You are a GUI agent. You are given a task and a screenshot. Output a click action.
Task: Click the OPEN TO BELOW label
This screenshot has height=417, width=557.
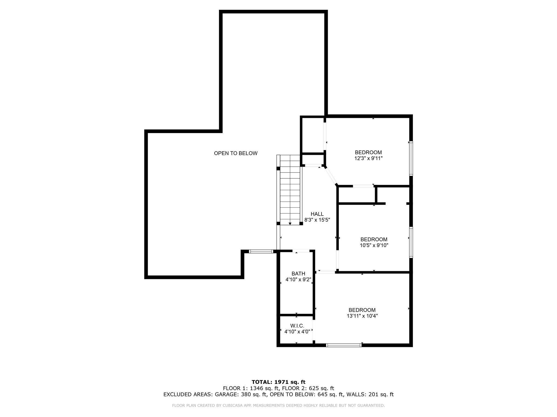pyautogui.click(x=236, y=153)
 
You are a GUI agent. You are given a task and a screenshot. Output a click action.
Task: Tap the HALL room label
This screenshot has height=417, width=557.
pyautogui.click(x=317, y=214)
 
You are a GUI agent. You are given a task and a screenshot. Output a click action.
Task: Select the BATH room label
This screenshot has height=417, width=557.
pyautogui.click(x=298, y=274)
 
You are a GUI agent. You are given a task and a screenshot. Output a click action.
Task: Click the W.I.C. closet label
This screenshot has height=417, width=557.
pyautogui.click(x=297, y=326)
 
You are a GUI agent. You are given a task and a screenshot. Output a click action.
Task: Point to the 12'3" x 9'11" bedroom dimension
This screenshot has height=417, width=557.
pyautogui.click(x=369, y=158)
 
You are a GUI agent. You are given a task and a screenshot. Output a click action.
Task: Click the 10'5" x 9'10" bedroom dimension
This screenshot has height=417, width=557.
pyautogui.click(x=374, y=245)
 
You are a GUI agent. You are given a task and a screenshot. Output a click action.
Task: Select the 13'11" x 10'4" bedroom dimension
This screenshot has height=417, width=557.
pyautogui.click(x=362, y=316)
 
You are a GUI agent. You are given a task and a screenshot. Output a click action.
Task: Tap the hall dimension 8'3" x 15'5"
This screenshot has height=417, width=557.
pyautogui.click(x=317, y=220)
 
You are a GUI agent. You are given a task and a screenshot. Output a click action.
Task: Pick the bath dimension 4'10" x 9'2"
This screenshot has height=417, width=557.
pyautogui.click(x=298, y=279)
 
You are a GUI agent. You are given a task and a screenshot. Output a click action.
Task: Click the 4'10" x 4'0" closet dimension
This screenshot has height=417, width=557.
pyautogui.click(x=297, y=331)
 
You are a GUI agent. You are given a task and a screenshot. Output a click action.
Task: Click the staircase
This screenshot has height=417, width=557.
pyautogui.click(x=290, y=190)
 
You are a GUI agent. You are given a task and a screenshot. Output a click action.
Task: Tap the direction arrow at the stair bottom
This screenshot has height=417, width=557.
pyautogui.click(x=290, y=223)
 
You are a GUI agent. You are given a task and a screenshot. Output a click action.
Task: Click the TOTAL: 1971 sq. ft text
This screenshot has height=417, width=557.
pyautogui.click(x=278, y=382)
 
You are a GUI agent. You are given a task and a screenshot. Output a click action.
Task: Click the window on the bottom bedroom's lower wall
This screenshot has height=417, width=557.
pyautogui.click(x=344, y=345)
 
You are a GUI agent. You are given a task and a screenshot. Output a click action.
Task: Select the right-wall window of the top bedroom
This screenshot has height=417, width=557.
pyautogui.click(x=411, y=158)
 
